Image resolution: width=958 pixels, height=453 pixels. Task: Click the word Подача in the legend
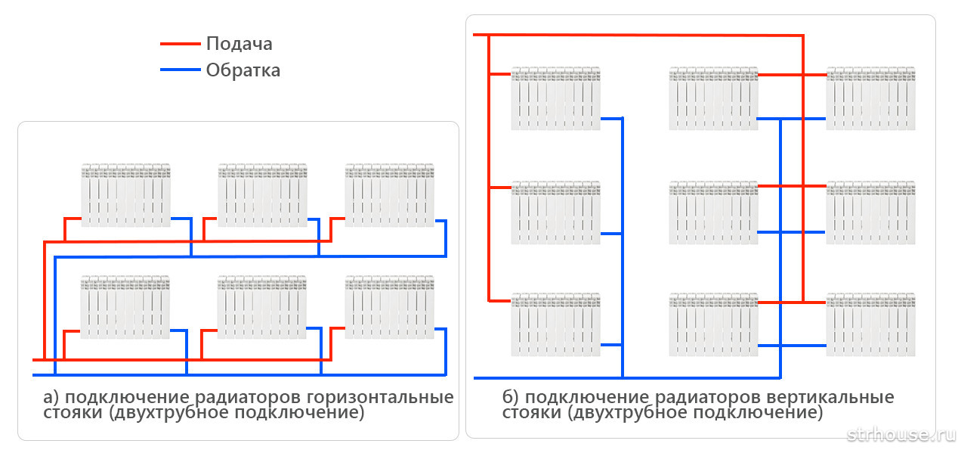pyautogui.click(x=239, y=44)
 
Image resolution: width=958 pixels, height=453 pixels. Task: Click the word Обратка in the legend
pyautogui.click(x=243, y=70)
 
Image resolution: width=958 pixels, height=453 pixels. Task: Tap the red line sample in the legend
pyautogui.click(x=180, y=44)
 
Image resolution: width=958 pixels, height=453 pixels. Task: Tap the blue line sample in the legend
pyautogui.click(x=180, y=70)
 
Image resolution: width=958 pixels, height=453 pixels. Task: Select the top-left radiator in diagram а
pyautogui.click(x=125, y=195)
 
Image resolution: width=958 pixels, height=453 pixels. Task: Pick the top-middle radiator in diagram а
pyautogui.click(x=263, y=195)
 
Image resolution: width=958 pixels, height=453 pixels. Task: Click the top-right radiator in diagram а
pyautogui.click(x=390, y=195)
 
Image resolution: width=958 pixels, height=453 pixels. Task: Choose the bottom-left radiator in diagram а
pyautogui.click(x=125, y=307)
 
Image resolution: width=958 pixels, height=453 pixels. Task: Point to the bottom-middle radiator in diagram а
pyautogui.click(x=261, y=307)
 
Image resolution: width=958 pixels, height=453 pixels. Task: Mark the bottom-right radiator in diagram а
pyautogui.click(x=390, y=307)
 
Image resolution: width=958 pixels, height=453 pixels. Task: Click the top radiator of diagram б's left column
pyautogui.click(x=555, y=98)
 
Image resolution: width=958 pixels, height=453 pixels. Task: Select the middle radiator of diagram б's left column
pyautogui.click(x=555, y=213)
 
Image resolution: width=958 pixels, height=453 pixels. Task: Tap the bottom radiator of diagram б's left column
pyautogui.click(x=555, y=324)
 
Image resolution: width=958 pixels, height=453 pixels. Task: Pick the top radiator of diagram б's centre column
pyautogui.click(x=713, y=98)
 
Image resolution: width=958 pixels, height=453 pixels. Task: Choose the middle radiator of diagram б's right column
pyautogui.click(x=871, y=213)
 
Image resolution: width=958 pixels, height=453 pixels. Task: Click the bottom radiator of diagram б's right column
pyautogui.click(x=871, y=324)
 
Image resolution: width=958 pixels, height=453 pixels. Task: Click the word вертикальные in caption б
pyautogui.click(x=830, y=397)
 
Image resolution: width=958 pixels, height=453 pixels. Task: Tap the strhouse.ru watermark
pyautogui.click(x=901, y=435)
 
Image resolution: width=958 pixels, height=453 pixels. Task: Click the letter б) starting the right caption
pyautogui.click(x=510, y=397)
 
